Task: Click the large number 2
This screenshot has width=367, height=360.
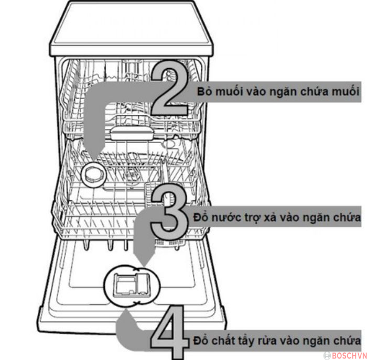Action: (x=169, y=89)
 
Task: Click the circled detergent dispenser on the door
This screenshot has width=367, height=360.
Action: (x=129, y=286)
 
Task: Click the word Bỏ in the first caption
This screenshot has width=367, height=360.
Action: (x=204, y=91)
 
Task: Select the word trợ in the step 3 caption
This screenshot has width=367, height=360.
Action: (x=245, y=217)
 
